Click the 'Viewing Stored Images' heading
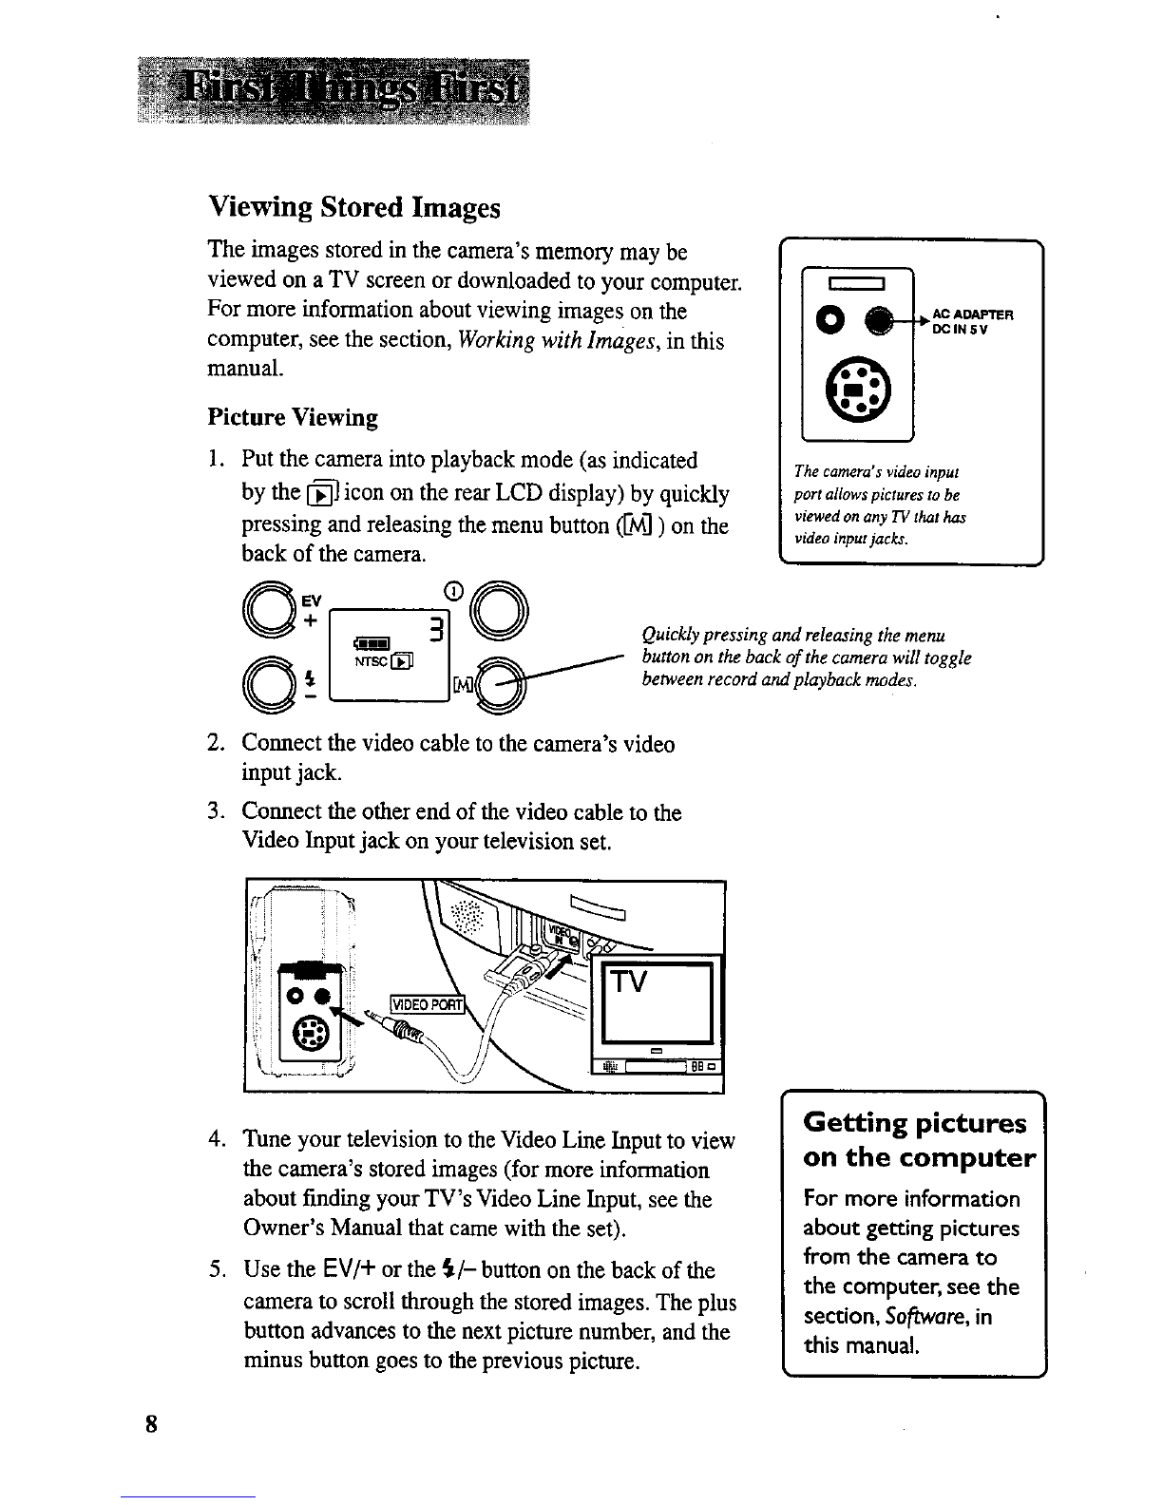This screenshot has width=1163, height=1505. pyautogui.click(x=354, y=207)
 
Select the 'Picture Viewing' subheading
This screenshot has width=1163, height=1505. pyautogui.click(x=293, y=418)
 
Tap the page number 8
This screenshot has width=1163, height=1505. pyautogui.click(x=151, y=1424)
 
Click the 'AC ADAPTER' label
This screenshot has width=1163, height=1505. pyautogui.click(x=973, y=314)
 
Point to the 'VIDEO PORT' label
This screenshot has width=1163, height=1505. pyautogui.click(x=428, y=1004)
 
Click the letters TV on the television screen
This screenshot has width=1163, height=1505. pyautogui.click(x=628, y=981)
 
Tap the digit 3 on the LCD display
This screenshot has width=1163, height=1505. pyautogui.click(x=436, y=630)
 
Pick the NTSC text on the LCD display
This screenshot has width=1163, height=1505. pyautogui.click(x=372, y=661)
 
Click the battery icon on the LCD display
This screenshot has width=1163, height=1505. pyautogui.click(x=372, y=643)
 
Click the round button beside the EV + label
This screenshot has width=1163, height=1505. pyautogui.click(x=270, y=610)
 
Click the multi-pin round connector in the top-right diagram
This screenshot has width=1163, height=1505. pyautogui.click(x=858, y=391)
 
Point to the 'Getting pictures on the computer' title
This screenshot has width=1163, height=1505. pyautogui.click(x=919, y=1139)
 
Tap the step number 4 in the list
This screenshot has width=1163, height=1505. pyautogui.click(x=216, y=1139)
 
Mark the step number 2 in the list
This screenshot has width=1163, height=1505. pyautogui.click(x=215, y=742)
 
